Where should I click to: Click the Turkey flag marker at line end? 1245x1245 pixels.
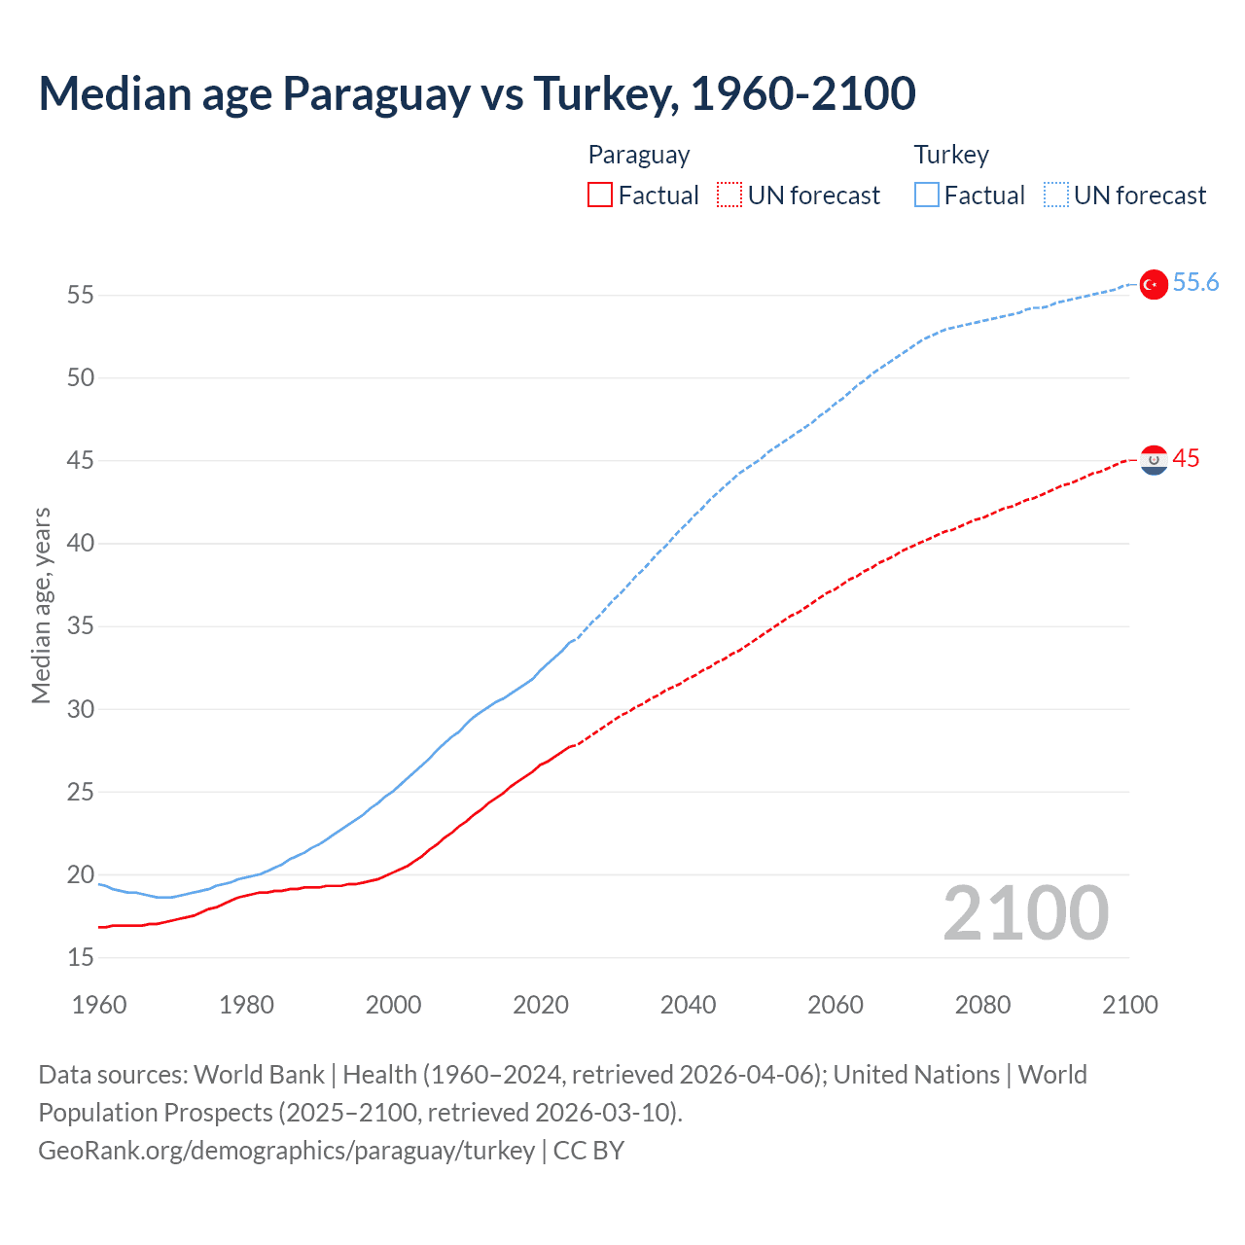(x=1154, y=284)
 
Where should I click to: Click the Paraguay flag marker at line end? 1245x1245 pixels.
(x=1154, y=460)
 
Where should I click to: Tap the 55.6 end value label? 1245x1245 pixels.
(x=1195, y=283)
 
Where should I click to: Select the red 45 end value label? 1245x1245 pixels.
(x=1186, y=459)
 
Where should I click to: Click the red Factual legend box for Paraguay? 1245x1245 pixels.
(x=600, y=196)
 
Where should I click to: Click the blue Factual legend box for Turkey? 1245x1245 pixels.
(x=926, y=196)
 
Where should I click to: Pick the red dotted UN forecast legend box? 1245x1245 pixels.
(x=729, y=196)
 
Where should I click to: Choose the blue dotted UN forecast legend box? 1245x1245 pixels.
(x=1055, y=196)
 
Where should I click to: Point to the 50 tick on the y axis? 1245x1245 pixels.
(x=81, y=377)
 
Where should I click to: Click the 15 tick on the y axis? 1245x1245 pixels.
(x=81, y=958)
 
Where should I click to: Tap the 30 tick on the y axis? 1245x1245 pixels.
(x=81, y=709)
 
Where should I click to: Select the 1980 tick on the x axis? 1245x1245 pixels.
(x=246, y=1005)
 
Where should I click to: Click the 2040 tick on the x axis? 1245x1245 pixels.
(x=688, y=1005)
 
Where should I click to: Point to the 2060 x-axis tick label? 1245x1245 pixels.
(x=836, y=1005)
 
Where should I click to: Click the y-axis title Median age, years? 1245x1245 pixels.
(x=41, y=605)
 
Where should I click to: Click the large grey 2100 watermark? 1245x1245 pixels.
(x=1025, y=913)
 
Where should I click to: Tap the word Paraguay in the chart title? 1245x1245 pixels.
(x=376, y=93)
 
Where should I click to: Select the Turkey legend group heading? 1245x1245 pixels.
(x=951, y=155)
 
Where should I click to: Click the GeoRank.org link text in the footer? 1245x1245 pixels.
(x=286, y=1151)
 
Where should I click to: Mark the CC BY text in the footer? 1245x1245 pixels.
(x=588, y=1151)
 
